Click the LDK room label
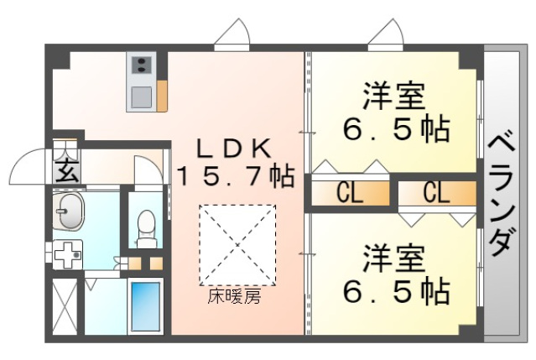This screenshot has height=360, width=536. tap(235, 149)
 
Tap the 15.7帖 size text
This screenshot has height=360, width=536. tap(235, 175)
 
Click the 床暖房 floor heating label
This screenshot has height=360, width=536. tap(235, 297)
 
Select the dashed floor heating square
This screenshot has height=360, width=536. tap(237, 245)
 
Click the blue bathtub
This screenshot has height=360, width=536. tap(146, 306)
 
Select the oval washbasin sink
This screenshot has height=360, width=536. tap(69, 211)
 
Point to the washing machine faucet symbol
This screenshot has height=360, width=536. tap(67, 254)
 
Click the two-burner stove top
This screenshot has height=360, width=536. tap(141, 65)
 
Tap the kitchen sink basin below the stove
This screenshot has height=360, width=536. tap(141, 97)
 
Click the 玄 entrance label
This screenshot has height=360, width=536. tap(66, 170)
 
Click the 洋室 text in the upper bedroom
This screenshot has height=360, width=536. tap(394, 96)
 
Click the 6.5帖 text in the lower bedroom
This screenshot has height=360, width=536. tap(396, 292)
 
